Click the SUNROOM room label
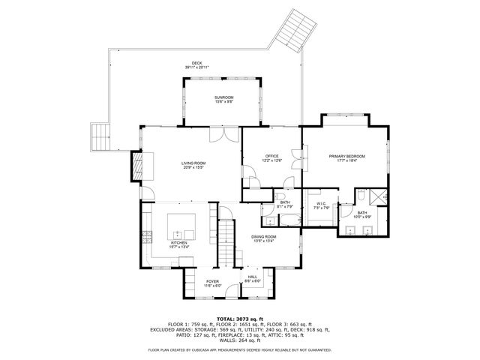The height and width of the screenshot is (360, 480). pyautogui.click(x=223, y=97)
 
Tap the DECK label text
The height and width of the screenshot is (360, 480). pyautogui.click(x=196, y=64)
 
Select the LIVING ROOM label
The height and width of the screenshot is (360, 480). pyautogui.click(x=193, y=163)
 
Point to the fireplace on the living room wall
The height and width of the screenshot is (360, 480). pyautogui.click(x=136, y=166)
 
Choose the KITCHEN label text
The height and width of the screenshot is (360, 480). pyautogui.click(x=178, y=243)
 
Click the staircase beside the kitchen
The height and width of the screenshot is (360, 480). pyautogui.click(x=226, y=244)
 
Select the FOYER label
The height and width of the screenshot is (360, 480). pyautogui.click(x=213, y=282)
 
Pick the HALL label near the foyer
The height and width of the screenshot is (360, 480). pyautogui.click(x=253, y=277)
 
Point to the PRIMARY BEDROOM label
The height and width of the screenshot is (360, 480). pyautogui.click(x=346, y=156)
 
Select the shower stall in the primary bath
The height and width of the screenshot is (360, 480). pyautogui.click(x=378, y=197)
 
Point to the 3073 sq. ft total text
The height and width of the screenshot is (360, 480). pyautogui.click(x=239, y=318)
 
